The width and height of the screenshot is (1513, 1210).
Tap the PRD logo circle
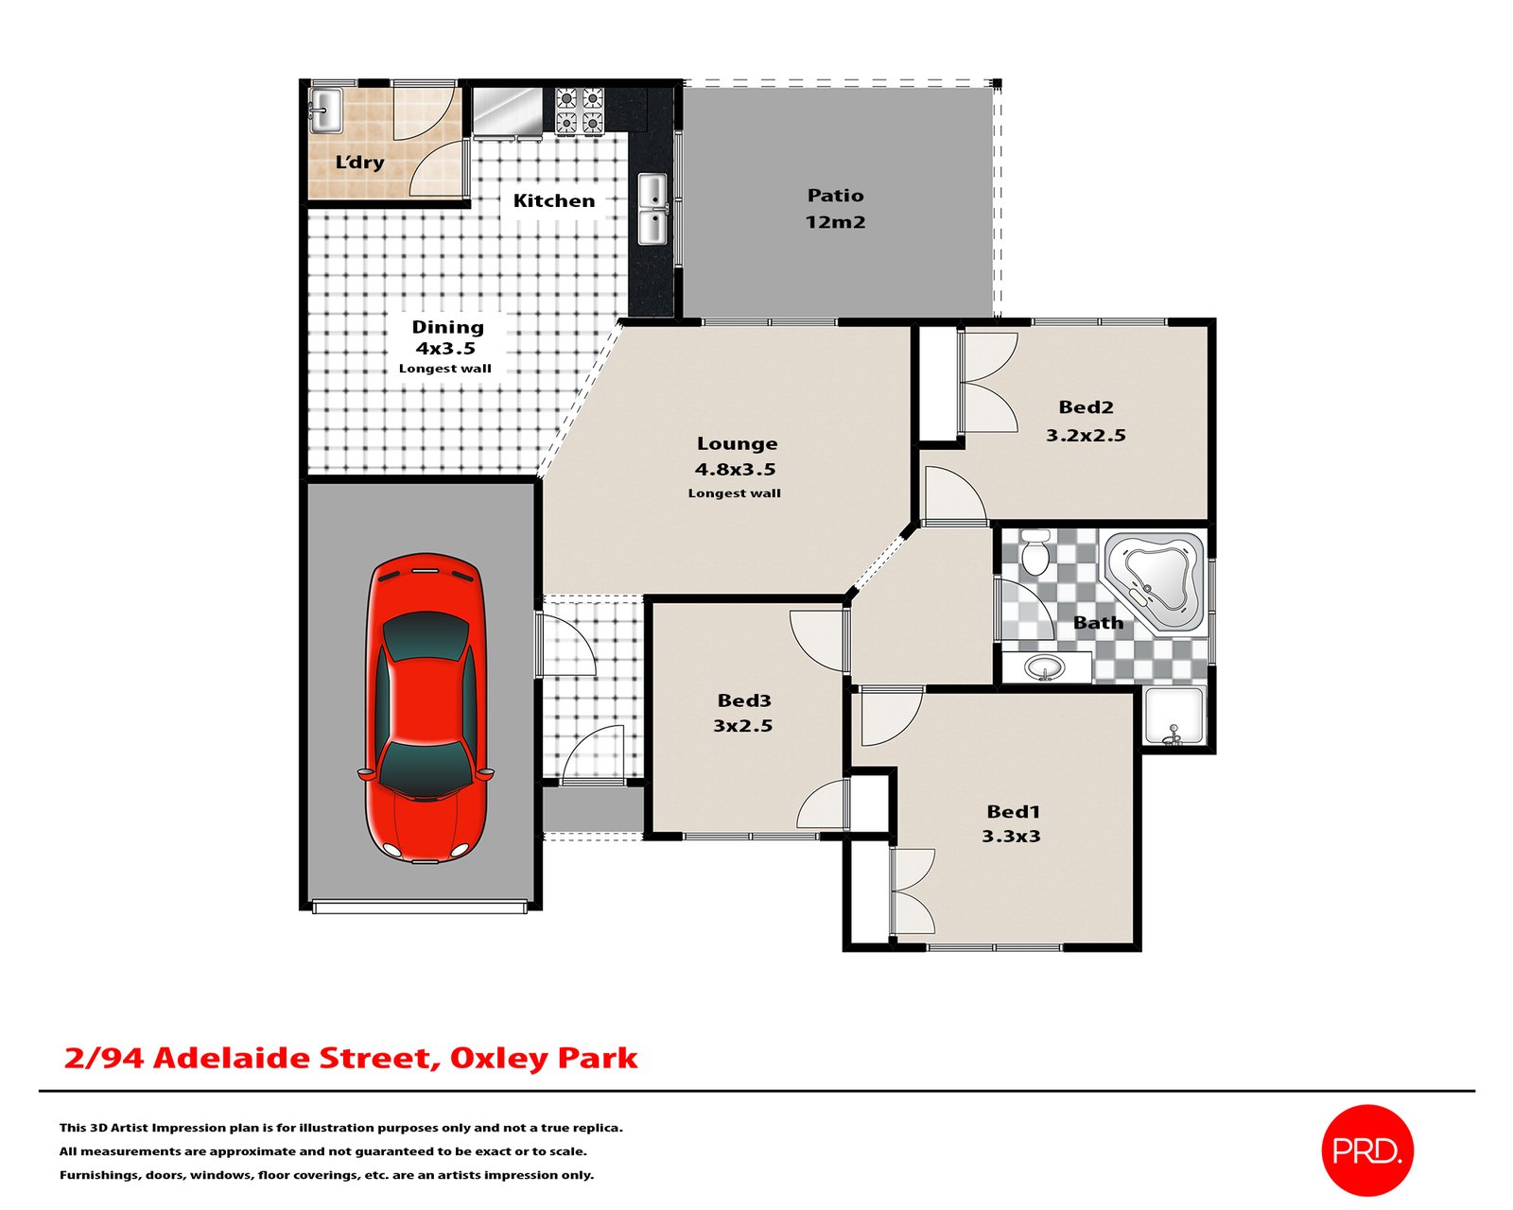(x=1366, y=1149)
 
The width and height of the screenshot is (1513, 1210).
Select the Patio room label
(x=835, y=196)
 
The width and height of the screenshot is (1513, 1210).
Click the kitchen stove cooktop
(x=579, y=110)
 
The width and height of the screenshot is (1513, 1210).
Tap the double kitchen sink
(x=652, y=208)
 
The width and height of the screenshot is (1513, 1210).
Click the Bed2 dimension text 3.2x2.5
(x=1086, y=436)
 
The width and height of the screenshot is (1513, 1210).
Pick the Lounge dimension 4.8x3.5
(x=736, y=469)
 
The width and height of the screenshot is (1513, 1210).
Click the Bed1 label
(x=1013, y=811)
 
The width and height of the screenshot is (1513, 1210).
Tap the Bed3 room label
(x=744, y=700)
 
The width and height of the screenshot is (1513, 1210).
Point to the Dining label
(x=447, y=327)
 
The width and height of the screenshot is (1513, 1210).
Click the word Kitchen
(x=554, y=200)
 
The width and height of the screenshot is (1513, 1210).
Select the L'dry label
(x=360, y=162)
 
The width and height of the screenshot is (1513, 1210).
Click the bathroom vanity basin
(x=1044, y=667)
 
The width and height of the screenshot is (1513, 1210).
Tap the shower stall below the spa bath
(x=1174, y=716)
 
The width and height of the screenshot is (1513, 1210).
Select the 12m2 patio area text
(x=835, y=223)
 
